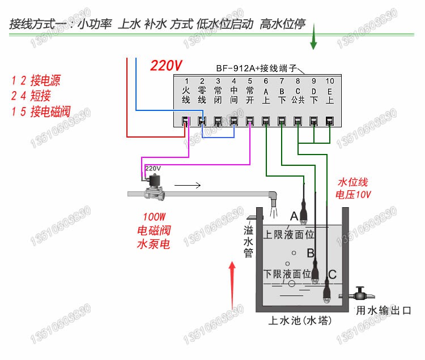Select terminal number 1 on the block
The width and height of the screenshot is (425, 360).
(x=186, y=81)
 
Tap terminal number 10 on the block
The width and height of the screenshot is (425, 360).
(x=330, y=81)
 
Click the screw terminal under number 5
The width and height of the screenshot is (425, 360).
(x=249, y=120)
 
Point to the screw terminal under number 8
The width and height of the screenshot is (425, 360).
(x=297, y=120)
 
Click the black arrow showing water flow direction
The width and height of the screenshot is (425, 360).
(x=187, y=185)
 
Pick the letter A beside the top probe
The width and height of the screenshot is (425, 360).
(x=294, y=216)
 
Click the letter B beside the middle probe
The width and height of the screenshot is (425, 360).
(x=310, y=252)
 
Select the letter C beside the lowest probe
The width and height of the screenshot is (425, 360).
(x=332, y=275)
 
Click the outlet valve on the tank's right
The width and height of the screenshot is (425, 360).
(x=359, y=295)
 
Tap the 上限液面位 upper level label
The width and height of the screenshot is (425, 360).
(x=288, y=233)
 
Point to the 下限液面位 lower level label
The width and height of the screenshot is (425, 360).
(x=288, y=273)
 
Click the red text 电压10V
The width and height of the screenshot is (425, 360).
(x=354, y=195)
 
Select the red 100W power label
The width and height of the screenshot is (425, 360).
(x=154, y=217)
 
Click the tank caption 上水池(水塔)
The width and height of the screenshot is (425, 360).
(x=300, y=321)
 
